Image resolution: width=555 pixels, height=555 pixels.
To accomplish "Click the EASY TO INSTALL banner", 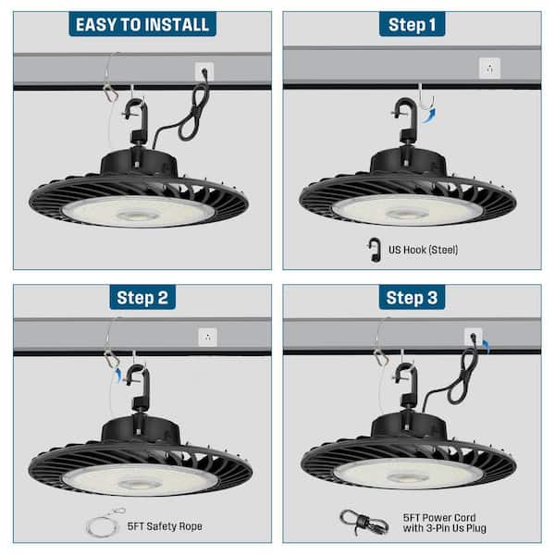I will tap(142, 24).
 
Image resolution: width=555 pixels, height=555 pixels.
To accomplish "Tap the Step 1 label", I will tap(412, 24).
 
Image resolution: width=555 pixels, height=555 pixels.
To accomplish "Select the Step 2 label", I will tap(142, 297).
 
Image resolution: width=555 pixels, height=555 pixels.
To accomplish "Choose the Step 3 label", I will tap(412, 297).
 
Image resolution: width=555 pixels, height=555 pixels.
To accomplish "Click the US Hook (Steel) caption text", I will tap(424, 249).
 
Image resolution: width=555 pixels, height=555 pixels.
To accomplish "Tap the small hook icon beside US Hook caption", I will tap(375, 249).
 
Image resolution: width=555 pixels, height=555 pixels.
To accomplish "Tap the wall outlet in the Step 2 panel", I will tap(208, 338).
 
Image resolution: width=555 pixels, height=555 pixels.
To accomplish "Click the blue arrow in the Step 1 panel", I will tap(428, 115).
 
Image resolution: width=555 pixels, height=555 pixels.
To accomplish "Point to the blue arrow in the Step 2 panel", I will tap(117, 373).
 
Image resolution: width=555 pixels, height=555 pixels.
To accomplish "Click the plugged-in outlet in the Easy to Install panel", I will tap(204, 71).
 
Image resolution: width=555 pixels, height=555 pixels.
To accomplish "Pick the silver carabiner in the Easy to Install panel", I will tap(110, 92).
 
